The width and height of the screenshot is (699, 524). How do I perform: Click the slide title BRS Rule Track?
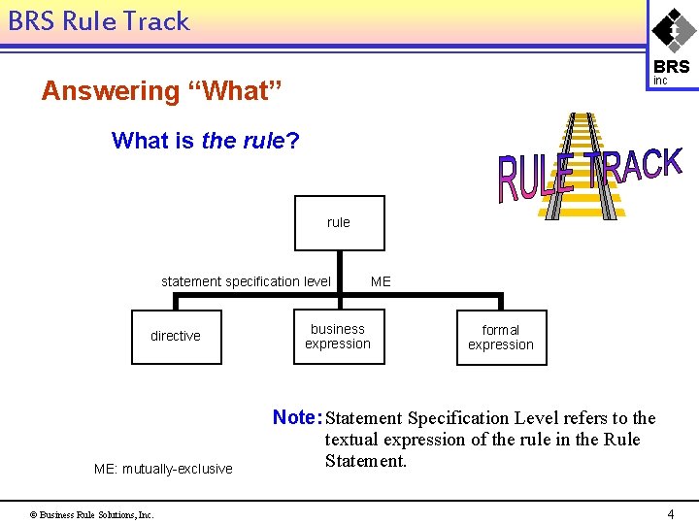[99, 21]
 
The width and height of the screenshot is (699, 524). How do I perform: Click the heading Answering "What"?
[162, 91]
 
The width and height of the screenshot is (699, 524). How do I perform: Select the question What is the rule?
[205, 141]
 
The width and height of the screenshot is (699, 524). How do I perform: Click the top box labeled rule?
[339, 223]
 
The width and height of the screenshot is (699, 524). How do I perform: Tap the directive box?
[176, 337]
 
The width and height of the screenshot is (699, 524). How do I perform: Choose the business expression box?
[338, 337]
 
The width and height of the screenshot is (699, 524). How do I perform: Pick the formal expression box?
[501, 338]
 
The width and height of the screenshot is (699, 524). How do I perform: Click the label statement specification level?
[246, 281]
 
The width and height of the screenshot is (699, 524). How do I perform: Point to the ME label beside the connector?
[381, 281]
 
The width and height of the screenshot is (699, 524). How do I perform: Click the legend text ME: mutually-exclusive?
[163, 469]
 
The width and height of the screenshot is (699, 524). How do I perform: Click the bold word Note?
[297, 417]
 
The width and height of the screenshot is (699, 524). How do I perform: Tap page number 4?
[670, 513]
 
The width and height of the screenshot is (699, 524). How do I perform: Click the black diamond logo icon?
[672, 29]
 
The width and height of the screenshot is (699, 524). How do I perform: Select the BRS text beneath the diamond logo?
[672, 67]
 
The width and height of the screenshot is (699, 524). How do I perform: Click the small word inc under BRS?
[660, 81]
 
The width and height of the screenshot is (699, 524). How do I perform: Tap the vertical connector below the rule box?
[339, 272]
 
